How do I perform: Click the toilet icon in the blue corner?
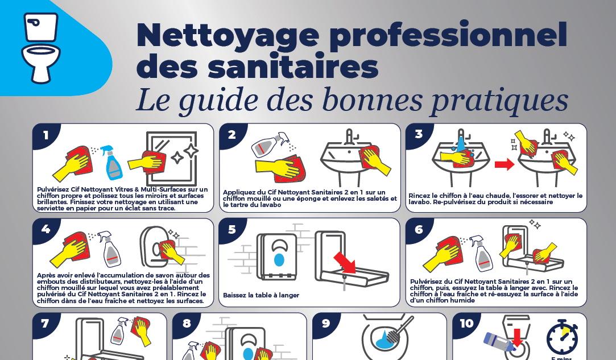40,48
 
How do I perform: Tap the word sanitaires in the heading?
293,67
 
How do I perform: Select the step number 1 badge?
46,135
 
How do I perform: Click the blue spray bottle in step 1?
111,163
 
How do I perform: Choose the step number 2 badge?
232,135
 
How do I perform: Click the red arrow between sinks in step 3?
505,164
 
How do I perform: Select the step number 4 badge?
46,229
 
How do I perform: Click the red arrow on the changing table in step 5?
345,263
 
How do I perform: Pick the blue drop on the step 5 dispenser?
279,260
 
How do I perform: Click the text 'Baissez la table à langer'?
261,295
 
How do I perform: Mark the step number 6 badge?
419,229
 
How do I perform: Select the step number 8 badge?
187,324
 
